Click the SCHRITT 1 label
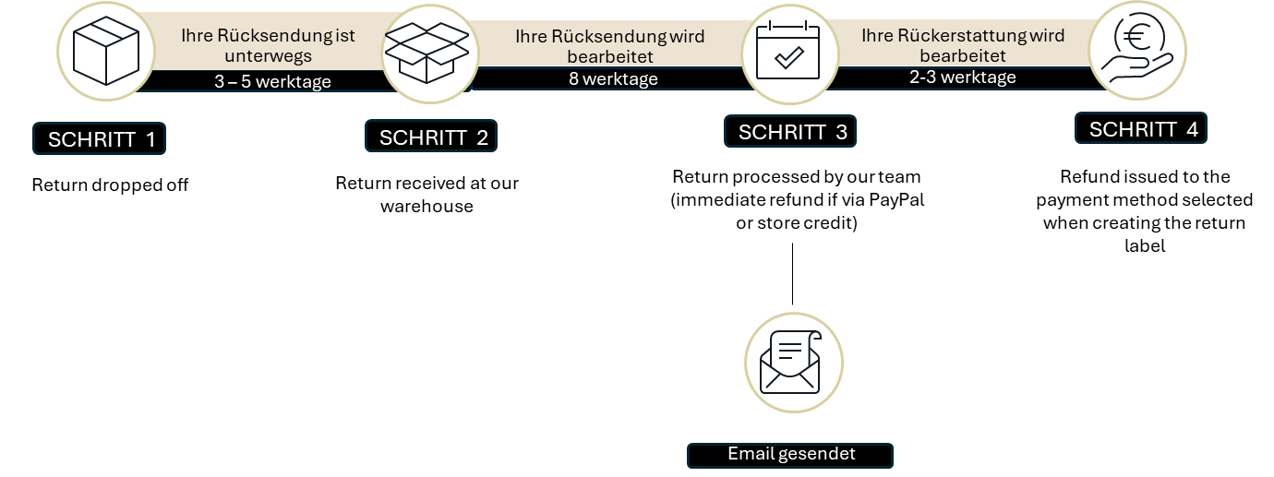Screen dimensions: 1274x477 99,138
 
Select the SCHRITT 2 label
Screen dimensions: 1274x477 431,136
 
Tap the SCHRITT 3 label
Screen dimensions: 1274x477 790,131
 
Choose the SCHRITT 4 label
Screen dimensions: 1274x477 1141,128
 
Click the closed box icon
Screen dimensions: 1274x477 106,51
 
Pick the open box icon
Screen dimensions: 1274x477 427,53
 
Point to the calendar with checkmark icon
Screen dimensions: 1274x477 787,50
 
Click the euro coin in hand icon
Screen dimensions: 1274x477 1137,50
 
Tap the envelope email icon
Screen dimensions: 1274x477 791,363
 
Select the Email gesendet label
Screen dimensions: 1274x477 790,455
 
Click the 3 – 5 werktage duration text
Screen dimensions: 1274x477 272,82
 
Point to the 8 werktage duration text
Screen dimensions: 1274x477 613,79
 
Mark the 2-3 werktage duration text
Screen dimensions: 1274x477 962,77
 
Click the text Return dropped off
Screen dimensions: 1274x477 110,185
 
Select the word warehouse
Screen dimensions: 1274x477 427,207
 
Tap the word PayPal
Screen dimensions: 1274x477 896,200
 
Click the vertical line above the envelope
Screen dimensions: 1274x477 792,274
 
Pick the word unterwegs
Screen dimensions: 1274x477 268,56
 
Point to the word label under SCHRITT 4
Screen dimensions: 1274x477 1145,245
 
